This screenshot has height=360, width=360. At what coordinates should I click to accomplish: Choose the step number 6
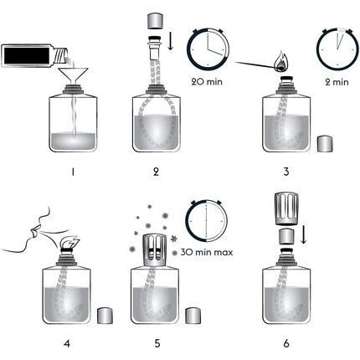click(286, 344)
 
